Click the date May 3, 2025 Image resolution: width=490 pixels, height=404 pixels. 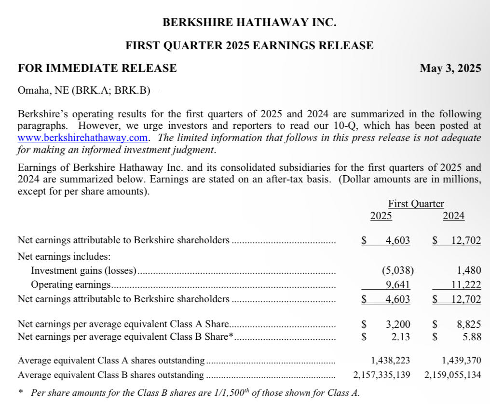tap(450, 69)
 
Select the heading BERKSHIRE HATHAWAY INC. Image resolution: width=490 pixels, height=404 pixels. tap(249, 22)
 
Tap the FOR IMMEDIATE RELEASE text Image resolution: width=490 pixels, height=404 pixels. tap(97, 69)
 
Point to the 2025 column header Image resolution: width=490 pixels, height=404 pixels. tap(381, 216)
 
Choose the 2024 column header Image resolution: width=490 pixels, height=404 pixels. tap(453, 216)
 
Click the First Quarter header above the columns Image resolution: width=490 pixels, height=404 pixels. tap(416, 204)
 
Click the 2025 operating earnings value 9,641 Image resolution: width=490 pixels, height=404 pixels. tap(398, 285)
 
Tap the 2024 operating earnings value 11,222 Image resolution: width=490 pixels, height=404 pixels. tap(466, 285)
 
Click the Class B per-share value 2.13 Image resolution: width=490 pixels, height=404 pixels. tap(401, 337)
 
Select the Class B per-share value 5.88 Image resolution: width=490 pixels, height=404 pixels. tap(472, 337)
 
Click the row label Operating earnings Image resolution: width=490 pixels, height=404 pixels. tap(71, 285)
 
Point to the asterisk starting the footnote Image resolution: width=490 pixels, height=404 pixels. tap(20, 392)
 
